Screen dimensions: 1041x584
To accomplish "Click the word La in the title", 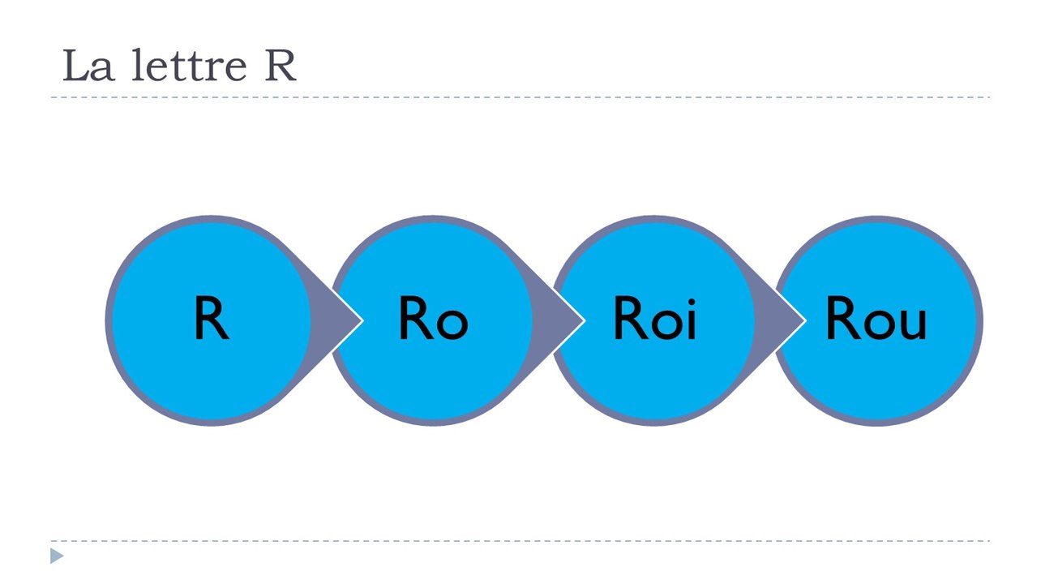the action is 88,66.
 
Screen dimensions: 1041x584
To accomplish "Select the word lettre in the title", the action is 189,65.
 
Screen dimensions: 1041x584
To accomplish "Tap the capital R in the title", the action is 281,66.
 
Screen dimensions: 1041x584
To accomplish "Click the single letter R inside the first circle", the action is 212,318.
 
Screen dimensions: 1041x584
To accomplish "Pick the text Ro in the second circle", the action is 434,318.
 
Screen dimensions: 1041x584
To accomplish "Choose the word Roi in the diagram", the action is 655,318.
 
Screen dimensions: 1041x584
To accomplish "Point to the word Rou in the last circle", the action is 876,318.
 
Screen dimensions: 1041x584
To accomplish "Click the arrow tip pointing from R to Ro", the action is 362,320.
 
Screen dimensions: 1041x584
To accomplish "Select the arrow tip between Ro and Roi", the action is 584,320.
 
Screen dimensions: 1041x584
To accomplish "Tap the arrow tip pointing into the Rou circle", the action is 805,320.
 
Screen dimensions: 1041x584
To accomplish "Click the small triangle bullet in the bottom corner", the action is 57,556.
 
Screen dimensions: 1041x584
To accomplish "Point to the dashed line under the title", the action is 520,97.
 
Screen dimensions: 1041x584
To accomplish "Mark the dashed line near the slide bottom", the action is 520,541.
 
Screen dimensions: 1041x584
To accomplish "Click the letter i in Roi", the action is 691,320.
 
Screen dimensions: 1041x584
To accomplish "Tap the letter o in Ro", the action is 452,324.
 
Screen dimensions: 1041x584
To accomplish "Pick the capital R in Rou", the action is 843,318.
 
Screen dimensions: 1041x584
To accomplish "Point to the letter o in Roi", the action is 667,324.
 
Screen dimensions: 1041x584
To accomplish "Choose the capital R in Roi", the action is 631,318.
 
